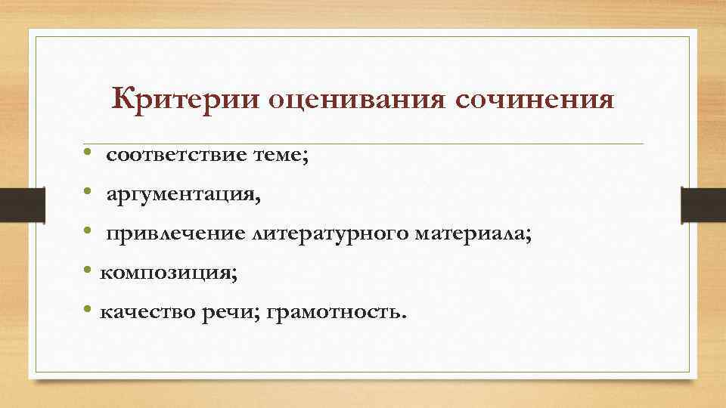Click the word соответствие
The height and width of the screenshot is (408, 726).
coord(176,156)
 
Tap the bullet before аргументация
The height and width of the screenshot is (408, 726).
coord(88,196)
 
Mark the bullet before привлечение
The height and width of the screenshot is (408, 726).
coord(88,235)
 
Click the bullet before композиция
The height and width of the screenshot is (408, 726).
coord(88,273)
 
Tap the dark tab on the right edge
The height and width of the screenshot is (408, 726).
coord(703,204)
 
